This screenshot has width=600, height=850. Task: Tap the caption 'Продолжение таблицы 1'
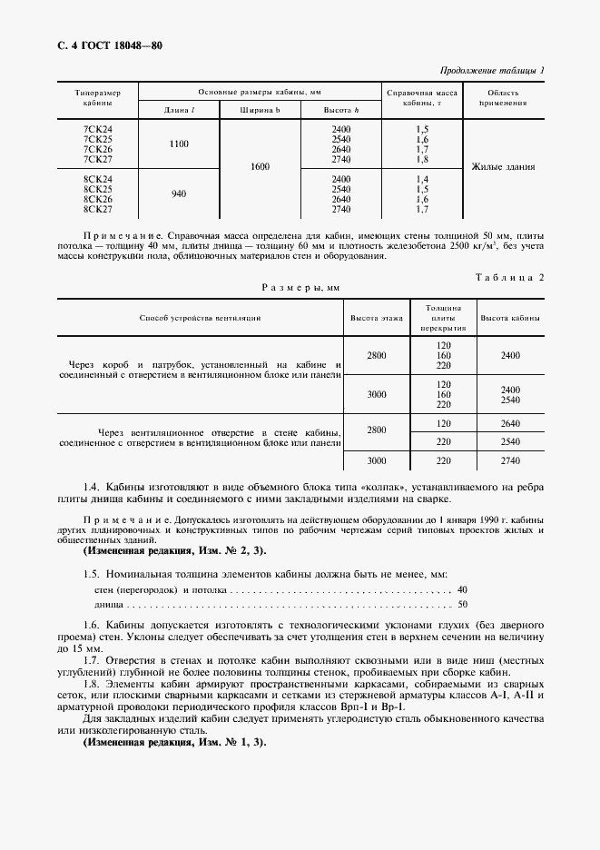[x=492, y=71]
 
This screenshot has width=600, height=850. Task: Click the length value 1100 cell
[x=179, y=143]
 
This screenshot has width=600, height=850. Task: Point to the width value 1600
[x=261, y=167]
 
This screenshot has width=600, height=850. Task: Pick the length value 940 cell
[x=179, y=193]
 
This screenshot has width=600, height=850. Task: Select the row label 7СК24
[x=96, y=129]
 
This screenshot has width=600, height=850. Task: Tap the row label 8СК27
[x=96, y=209]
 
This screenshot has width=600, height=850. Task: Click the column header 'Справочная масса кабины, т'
[x=421, y=99]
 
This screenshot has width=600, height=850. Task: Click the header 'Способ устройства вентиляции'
[x=200, y=319]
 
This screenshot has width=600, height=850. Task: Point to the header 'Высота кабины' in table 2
[x=510, y=319]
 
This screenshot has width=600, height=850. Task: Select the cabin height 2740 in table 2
[x=510, y=460]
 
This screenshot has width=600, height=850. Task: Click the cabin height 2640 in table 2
[x=510, y=423]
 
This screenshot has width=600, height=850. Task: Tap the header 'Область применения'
[x=503, y=99]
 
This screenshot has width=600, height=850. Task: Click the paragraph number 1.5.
[x=91, y=575]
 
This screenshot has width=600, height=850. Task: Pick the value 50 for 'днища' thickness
[x=463, y=604]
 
